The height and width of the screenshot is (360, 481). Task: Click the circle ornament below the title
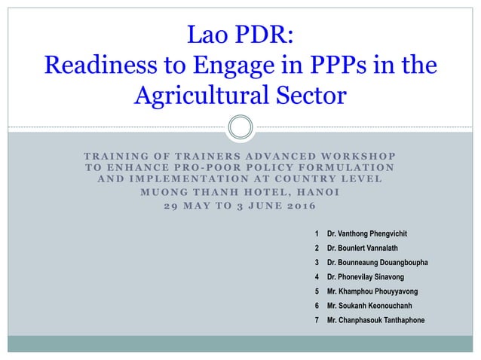coord(240,127)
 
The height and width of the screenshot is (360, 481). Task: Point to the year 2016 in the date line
coord(298,206)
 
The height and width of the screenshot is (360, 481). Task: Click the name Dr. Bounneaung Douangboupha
coord(377,263)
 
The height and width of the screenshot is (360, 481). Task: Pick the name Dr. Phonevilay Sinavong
coord(365,277)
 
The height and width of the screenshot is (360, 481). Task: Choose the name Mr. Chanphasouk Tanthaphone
coord(375,320)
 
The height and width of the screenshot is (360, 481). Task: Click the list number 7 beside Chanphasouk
coord(317,320)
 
